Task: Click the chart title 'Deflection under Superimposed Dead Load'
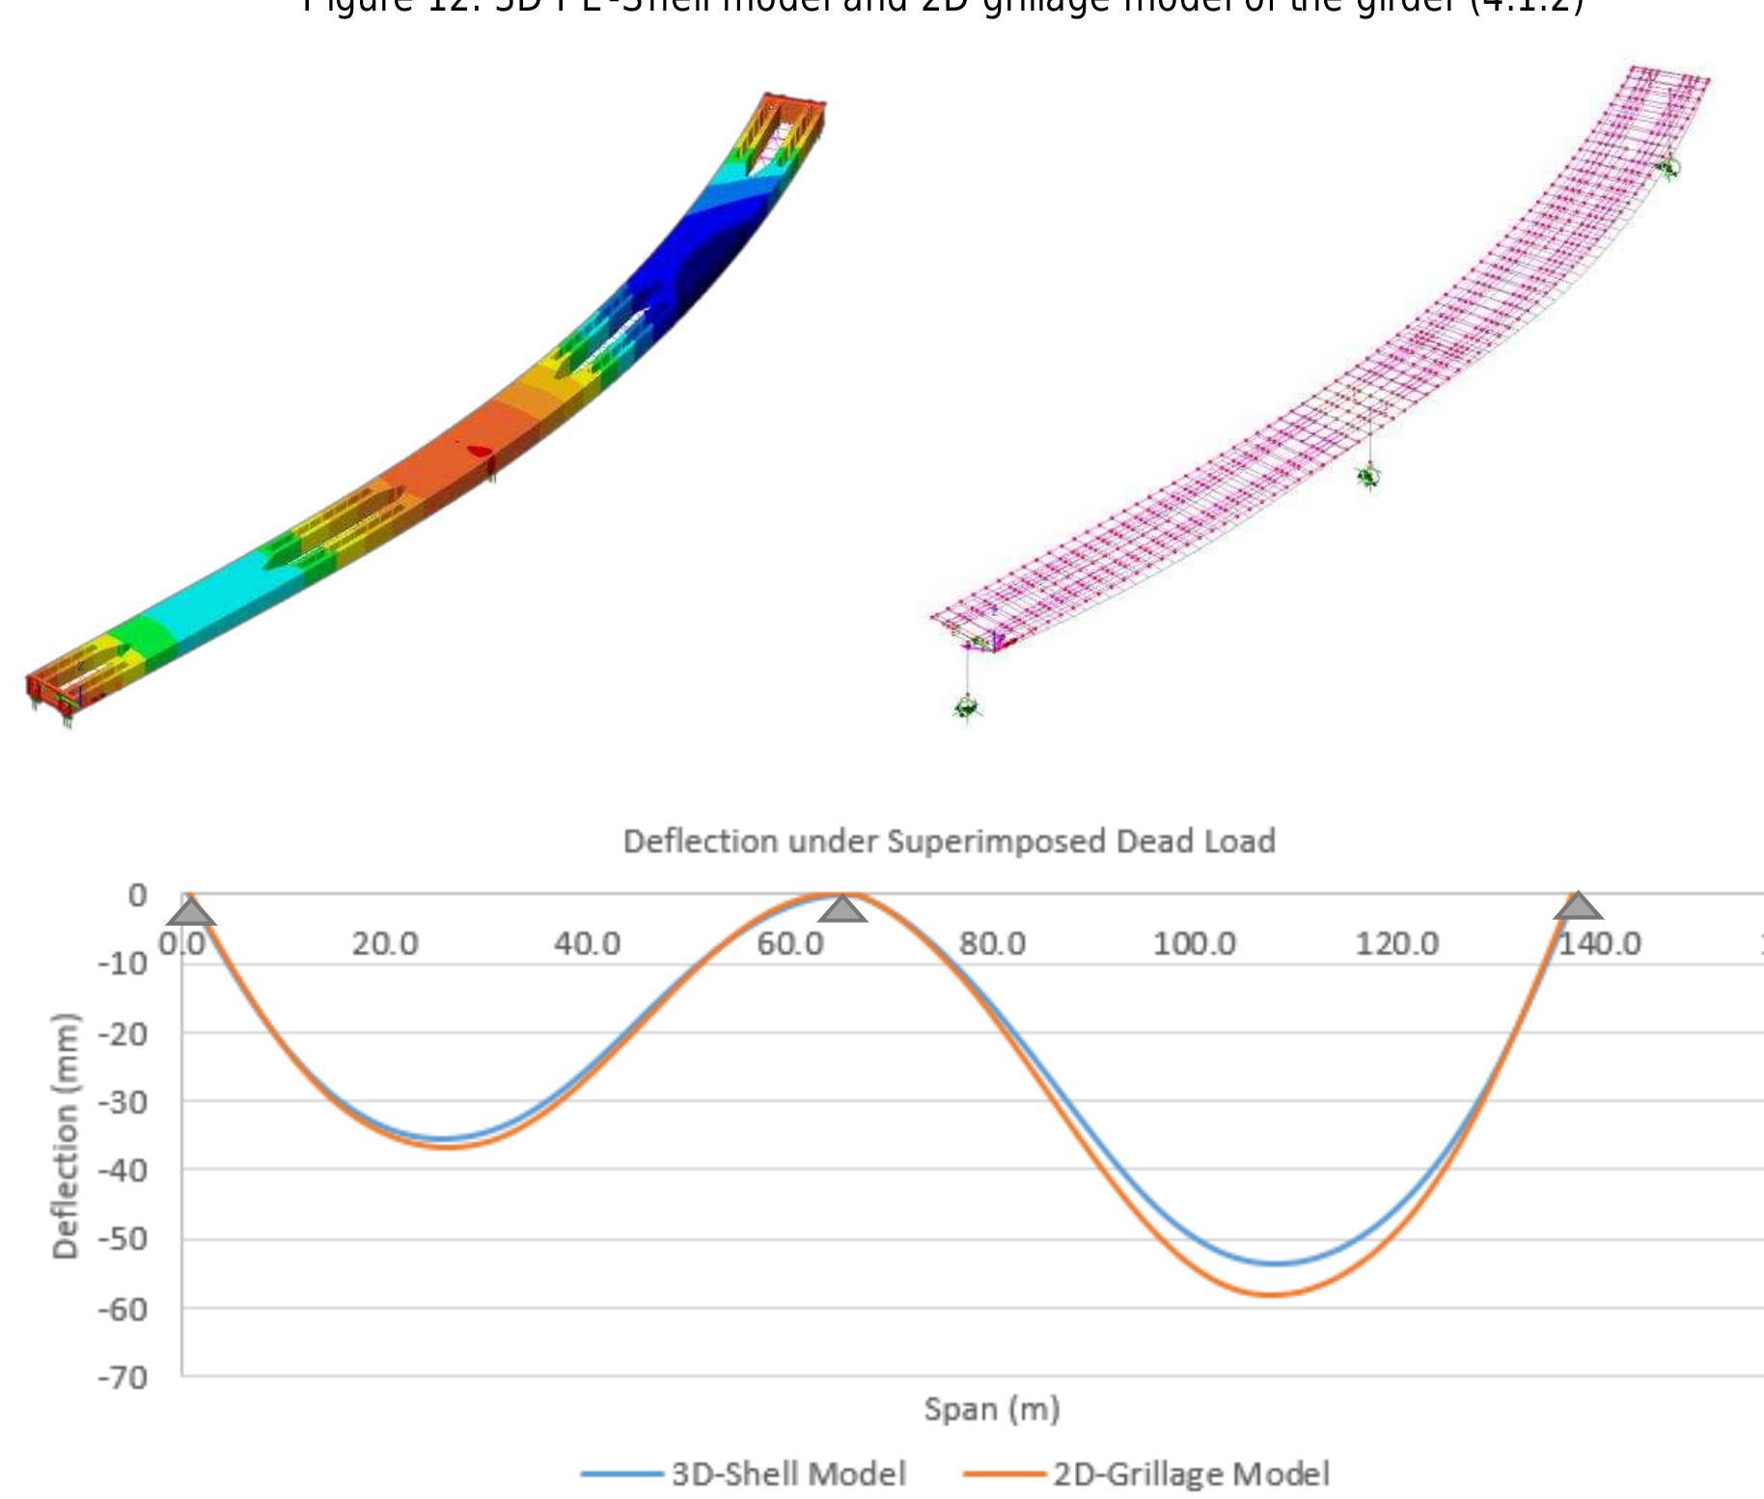coord(949,842)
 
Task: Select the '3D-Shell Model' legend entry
coord(788,1474)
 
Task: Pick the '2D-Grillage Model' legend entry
coord(1191,1474)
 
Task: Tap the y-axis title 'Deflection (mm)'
coord(65,1136)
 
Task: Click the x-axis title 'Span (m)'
coord(992,1409)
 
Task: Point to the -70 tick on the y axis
coord(123,1376)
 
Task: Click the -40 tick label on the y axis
coord(123,1171)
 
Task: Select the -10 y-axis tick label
coord(123,963)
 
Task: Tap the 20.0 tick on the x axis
coord(384,943)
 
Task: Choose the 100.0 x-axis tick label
coord(1195,943)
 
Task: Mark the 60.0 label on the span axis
coord(789,943)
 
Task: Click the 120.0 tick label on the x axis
coord(1397,943)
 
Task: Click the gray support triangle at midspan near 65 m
coord(842,909)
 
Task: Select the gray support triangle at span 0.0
coord(191,910)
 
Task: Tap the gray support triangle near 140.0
coord(1578,906)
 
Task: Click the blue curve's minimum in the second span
coord(1276,1263)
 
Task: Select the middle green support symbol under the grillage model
coord(1367,476)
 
